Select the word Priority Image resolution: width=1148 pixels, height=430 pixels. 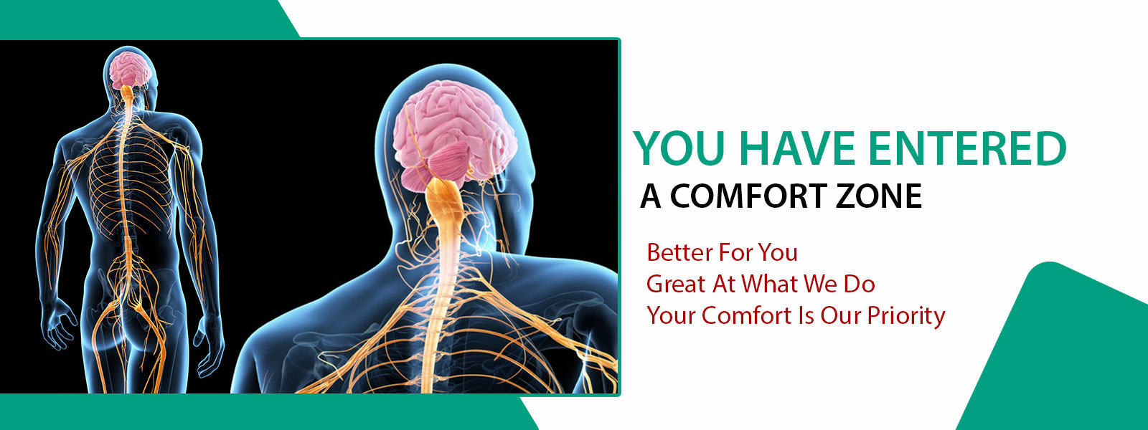[906, 316]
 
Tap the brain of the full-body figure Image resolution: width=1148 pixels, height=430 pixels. [131, 69]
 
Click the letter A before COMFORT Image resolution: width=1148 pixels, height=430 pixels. [650, 196]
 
